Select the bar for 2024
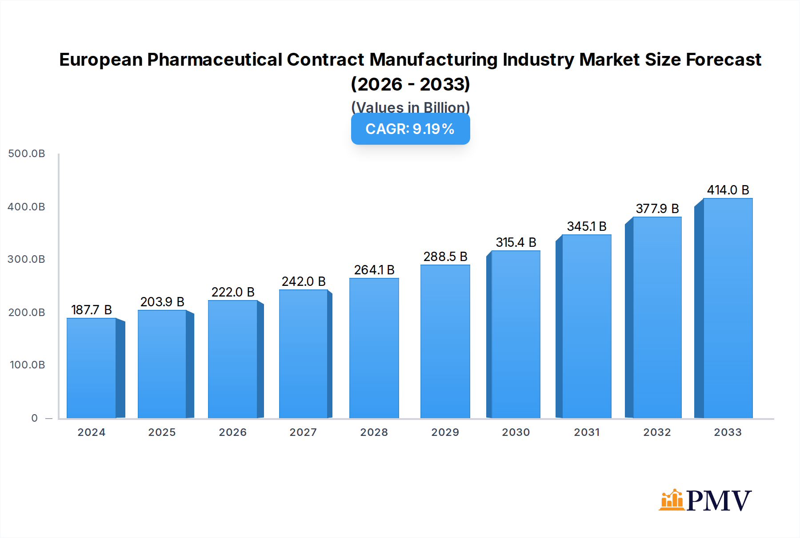click(92, 368)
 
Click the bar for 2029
click(445, 342)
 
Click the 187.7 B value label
click(92, 310)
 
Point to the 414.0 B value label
click(728, 190)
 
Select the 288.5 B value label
click(445, 257)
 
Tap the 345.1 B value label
click(587, 226)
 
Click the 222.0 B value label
click(233, 292)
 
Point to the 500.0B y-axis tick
click(27, 154)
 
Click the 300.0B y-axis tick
click(27, 259)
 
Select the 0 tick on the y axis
click(35, 418)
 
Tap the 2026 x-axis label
click(233, 432)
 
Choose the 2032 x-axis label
click(657, 432)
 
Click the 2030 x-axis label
click(516, 432)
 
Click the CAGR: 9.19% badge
click(410, 129)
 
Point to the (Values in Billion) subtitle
click(410, 107)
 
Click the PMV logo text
click(719, 501)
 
